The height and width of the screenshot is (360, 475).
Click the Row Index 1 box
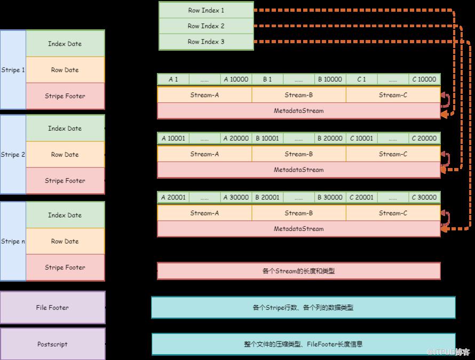coord(206,10)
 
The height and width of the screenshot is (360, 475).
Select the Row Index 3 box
coord(206,42)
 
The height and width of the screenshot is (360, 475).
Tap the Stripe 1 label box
coord(13,70)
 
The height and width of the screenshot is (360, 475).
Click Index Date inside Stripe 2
coord(65,129)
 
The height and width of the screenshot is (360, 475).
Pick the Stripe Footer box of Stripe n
coord(65,268)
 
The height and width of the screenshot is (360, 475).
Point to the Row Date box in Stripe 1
coord(65,70)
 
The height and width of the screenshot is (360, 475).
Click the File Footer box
coord(53,308)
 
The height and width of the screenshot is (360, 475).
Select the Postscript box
coord(53,345)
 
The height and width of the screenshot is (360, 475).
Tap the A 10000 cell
coord(236,79)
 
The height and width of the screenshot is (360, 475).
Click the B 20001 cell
coord(267,197)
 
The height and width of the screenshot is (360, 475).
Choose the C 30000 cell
coord(424,197)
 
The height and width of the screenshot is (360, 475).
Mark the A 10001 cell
coord(173,138)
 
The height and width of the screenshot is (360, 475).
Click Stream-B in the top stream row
coord(299,95)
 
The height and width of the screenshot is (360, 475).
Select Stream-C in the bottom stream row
coord(393,213)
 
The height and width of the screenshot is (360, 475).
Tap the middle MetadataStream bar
coord(299,170)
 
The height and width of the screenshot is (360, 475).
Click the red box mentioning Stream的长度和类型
coord(299,271)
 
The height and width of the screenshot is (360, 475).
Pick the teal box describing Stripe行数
coord(303,308)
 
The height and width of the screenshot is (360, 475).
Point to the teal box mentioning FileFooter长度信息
coord(303,345)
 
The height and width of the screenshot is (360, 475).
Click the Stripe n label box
coord(13,242)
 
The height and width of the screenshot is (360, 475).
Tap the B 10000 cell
coord(330,79)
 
